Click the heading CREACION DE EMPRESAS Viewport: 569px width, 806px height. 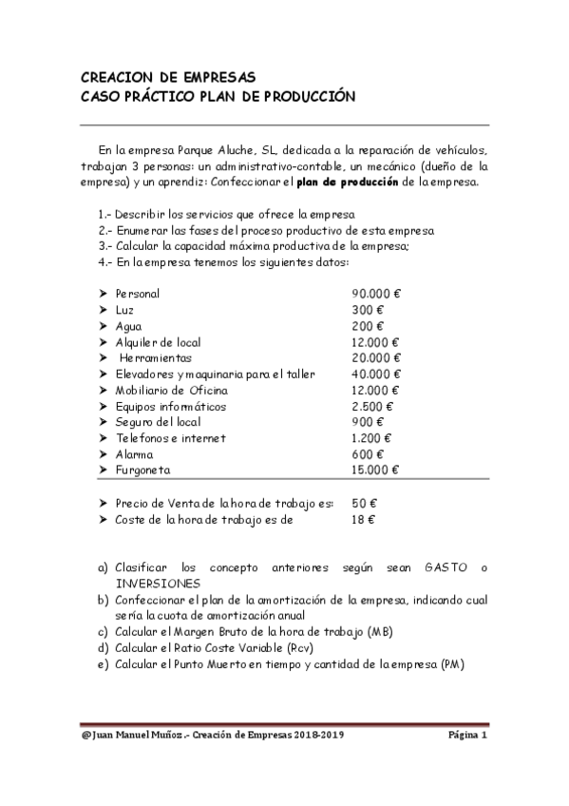(x=167, y=78)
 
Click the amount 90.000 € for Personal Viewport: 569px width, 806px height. (x=376, y=294)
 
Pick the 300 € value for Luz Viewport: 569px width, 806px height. (x=368, y=310)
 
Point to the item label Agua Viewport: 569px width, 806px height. (x=128, y=326)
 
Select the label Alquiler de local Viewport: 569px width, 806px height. (x=158, y=342)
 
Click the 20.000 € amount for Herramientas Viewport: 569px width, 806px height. (x=376, y=358)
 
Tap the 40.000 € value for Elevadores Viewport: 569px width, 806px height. (x=376, y=374)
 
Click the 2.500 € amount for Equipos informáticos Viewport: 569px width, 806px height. (x=372, y=407)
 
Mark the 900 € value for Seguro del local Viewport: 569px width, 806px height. (x=368, y=423)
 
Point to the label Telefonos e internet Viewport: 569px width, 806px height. (x=171, y=439)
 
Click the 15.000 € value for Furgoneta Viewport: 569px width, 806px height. (x=376, y=470)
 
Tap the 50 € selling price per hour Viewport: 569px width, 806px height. (x=364, y=504)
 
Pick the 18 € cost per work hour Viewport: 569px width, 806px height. (x=364, y=520)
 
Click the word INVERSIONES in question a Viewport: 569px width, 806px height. (x=158, y=583)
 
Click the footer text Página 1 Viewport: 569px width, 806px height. (x=467, y=736)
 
